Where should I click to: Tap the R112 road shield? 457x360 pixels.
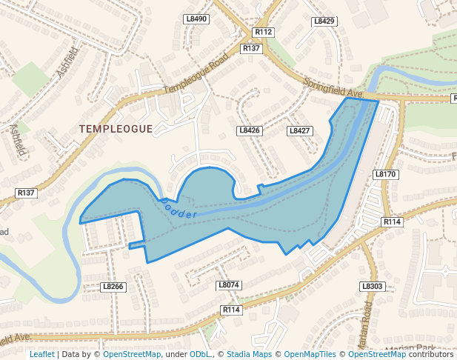(x=264, y=32)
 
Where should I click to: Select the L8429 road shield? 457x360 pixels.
(x=324, y=21)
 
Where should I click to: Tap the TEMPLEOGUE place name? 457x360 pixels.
(x=116, y=129)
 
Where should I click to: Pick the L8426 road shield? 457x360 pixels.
(x=250, y=130)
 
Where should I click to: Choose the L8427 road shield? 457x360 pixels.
(x=299, y=130)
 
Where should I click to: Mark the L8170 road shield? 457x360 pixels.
(x=386, y=174)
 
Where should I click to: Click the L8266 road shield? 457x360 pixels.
(x=113, y=286)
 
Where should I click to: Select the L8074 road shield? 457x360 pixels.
(x=229, y=284)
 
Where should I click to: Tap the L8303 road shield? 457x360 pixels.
(x=373, y=286)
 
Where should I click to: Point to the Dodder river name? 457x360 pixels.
(x=179, y=209)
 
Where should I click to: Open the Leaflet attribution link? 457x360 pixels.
(x=41, y=354)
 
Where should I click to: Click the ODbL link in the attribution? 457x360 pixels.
(x=199, y=354)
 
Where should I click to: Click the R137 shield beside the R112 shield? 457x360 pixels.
(x=252, y=47)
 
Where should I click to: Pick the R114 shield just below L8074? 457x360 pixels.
(x=231, y=310)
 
